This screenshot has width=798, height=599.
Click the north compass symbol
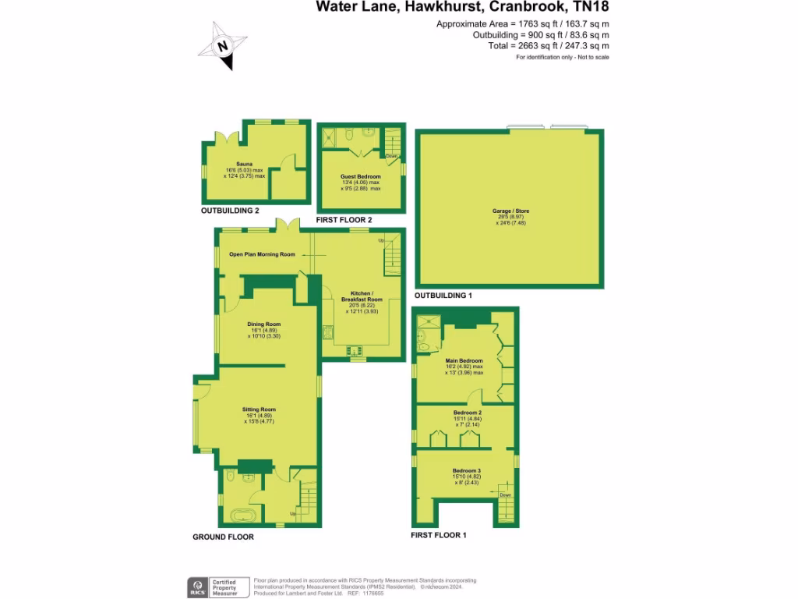(223, 46)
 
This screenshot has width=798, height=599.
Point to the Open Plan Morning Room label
(263, 254)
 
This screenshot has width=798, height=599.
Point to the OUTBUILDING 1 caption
(443, 296)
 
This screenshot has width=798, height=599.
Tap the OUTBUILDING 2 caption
(230, 211)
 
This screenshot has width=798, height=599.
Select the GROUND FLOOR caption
(223, 537)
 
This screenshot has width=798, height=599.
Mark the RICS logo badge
(196, 587)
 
